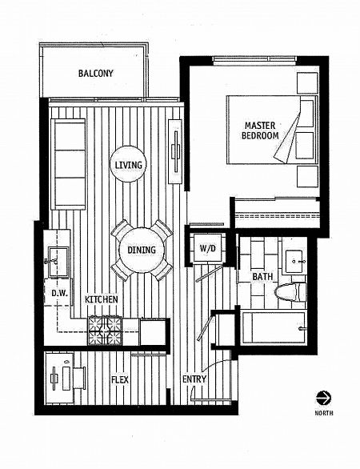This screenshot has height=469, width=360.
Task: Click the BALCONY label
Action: pos(96,74)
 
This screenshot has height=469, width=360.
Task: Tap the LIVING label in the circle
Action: pos(128,166)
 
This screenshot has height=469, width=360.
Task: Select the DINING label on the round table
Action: pos(141,249)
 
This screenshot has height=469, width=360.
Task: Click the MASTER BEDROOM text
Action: pos(261,130)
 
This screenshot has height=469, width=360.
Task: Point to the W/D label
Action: pos(207,248)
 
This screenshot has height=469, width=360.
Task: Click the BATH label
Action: pos(262,277)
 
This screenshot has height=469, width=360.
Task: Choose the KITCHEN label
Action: pos(102,299)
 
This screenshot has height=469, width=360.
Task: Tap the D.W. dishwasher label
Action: pos(59,293)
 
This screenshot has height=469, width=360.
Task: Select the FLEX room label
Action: pos(120,380)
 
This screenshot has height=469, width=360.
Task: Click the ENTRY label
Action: pos(194,379)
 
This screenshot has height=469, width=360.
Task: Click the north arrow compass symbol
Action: pos(324,397)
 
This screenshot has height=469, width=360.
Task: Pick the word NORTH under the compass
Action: pos(324,413)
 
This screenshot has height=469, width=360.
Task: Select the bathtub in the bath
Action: pos(272,328)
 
